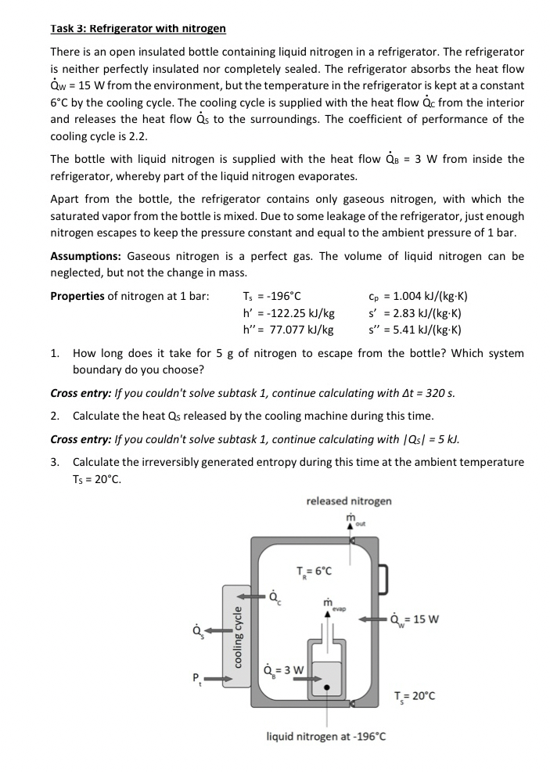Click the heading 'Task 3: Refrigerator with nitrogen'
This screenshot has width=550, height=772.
pos(138,29)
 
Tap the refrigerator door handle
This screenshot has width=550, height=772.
pos(383,579)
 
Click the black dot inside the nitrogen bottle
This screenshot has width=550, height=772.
pos(329,690)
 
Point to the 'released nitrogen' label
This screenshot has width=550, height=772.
pos(349,501)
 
